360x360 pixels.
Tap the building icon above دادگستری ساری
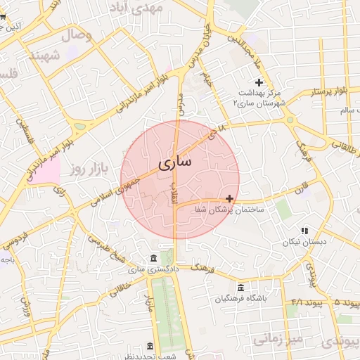[154, 258]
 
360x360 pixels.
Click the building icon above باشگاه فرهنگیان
[241, 288]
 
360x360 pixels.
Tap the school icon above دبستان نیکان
[304, 231]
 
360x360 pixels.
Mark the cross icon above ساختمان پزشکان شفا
[230, 199]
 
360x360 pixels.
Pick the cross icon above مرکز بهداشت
[259, 82]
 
